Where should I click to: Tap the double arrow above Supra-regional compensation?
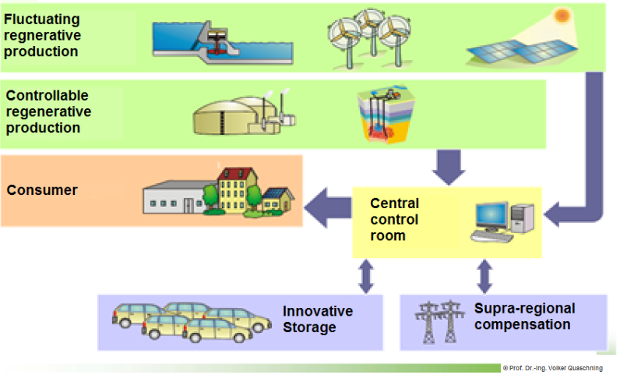(484, 275)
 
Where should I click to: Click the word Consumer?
(42, 190)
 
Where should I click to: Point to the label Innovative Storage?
(317, 320)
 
